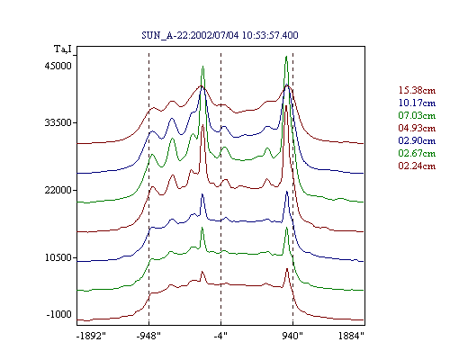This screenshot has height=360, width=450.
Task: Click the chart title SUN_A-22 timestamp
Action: click(220, 35)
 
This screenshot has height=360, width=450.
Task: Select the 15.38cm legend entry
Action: click(417, 90)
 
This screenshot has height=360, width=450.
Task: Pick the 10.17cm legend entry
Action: click(417, 103)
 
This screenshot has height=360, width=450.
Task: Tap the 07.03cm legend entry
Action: click(417, 115)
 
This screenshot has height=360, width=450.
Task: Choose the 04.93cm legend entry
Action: click(417, 128)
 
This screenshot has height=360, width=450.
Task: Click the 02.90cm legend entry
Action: click(417, 140)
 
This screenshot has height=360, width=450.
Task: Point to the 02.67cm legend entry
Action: click(417, 153)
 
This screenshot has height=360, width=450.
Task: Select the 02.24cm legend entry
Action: click(417, 166)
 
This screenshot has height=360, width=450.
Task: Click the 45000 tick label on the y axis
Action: click(58, 66)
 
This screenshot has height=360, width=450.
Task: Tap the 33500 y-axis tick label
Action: click(58, 122)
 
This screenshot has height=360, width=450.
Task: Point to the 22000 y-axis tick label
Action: click(58, 190)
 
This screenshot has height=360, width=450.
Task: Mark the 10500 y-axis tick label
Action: click(58, 257)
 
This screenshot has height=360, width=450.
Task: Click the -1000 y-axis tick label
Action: click(58, 314)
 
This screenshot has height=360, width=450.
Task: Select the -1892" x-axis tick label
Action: click(91, 336)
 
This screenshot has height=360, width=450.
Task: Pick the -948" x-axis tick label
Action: click(148, 336)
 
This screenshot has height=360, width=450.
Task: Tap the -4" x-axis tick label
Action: click(220, 336)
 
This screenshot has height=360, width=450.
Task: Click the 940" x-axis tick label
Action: click(292, 336)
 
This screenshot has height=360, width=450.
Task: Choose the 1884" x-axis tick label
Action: click(351, 336)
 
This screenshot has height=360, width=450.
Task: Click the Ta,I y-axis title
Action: click(63, 49)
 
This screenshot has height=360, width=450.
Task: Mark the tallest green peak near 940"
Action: click(286, 57)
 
